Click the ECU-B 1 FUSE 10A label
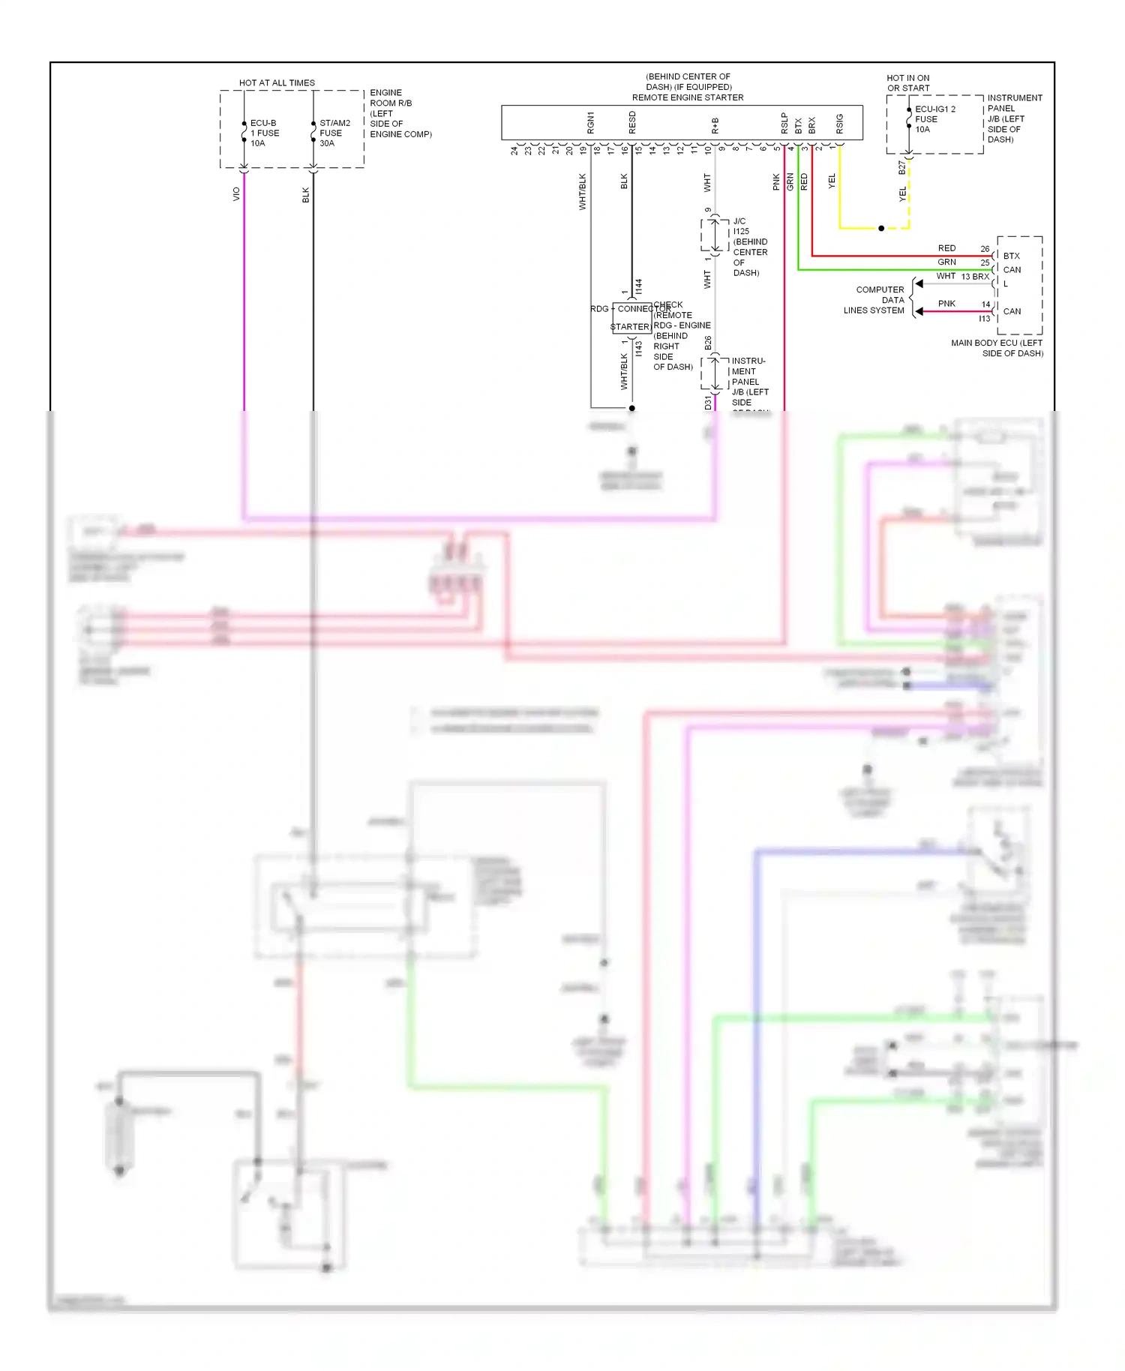click(x=264, y=133)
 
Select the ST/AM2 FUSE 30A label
click(x=334, y=133)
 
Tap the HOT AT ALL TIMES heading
click(x=277, y=82)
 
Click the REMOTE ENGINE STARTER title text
click(x=687, y=97)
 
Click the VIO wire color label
click(x=236, y=193)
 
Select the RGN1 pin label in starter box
click(x=590, y=123)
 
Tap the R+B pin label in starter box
click(x=715, y=125)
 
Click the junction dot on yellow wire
click(x=881, y=228)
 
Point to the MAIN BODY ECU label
click(x=997, y=348)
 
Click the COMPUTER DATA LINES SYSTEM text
click(x=874, y=300)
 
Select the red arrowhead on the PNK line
click(x=918, y=311)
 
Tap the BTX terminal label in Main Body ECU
click(x=1011, y=256)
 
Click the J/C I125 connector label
click(x=740, y=226)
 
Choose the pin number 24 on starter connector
click(x=514, y=150)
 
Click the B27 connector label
click(x=901, y=168)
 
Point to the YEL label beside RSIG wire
click(x=831, y=181)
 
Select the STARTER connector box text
click(x=630, y=327)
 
